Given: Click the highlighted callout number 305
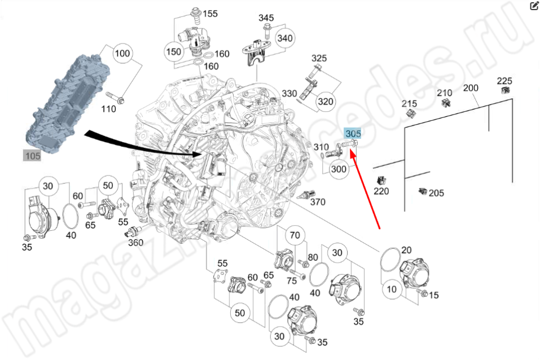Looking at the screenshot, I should (x=353, y=134).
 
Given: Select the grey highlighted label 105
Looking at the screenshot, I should (x=32, y=155).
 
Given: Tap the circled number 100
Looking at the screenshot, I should (x=122, y=54).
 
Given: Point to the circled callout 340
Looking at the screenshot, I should (x=286, y=38).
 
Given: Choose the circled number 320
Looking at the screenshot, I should (x=326, y=102).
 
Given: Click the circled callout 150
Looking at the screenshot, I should (x=173, y=52).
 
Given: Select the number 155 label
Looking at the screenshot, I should (x=210, y=13).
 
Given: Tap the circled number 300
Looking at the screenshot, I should (x=339, y=169).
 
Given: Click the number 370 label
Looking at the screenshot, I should (x=318, y=201).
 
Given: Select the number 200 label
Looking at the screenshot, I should (x=471, y=88).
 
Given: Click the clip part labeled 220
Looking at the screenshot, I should (x=380, y=181).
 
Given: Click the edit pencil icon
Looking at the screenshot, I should (x=534, y=6).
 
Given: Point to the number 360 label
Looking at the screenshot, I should (x=136, y=243).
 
